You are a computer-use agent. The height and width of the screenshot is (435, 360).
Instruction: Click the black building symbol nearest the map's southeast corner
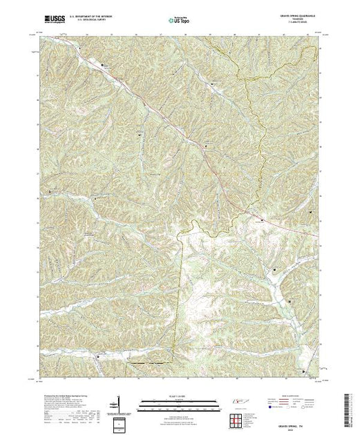pos(305,371)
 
